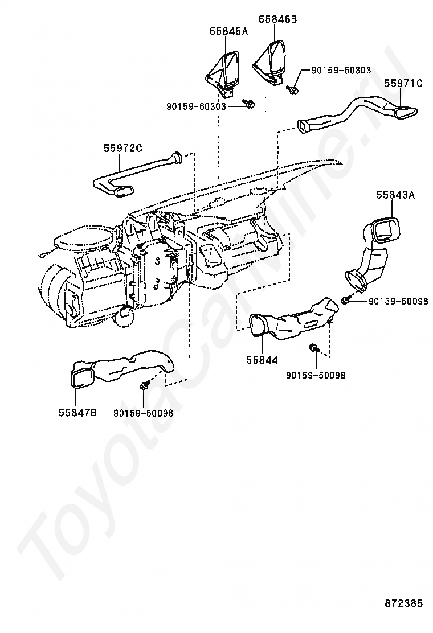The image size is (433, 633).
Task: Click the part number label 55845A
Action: [x=228, y=32]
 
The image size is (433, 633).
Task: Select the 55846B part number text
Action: [x=277, y=19]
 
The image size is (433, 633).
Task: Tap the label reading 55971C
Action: [x=403, y=84]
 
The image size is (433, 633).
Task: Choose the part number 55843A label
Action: [x=395, y=195]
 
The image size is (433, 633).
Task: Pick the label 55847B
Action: [x=77, y=413]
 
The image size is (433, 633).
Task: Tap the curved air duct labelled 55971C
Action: [x=359, y=114]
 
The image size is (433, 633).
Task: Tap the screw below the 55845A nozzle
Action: [x=249, y=103]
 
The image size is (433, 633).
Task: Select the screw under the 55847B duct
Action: [x=144, y=385]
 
